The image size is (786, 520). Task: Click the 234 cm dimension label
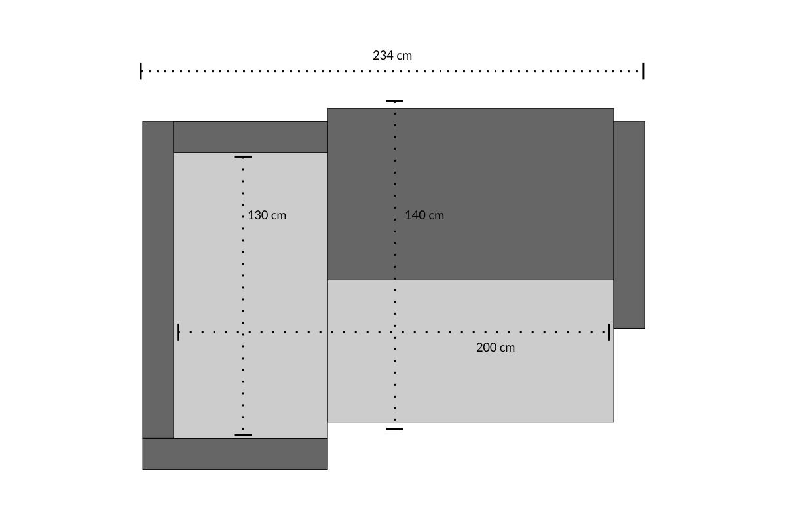tap(392, 56)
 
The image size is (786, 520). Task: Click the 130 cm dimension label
tap(267, 215)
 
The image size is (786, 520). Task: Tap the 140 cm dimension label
tap(424, 215)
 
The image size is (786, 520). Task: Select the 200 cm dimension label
tap(495, 347)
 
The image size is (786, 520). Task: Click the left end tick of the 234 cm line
tap(141, 71)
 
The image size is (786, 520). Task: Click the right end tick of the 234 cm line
tap(643, 71)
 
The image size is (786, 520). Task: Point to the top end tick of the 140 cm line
tap(395, 101)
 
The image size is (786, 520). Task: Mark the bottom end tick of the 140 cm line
tap(395, 429)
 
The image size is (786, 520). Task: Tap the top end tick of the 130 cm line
tap(243, 157)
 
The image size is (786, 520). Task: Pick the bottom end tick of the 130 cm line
tap(243, 435)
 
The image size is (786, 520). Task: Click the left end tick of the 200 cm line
tap(178, 332)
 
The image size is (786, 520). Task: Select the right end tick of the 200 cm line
tap(610, 332)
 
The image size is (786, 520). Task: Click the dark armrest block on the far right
tap(629, 225)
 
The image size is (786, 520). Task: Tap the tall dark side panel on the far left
tap(158, 280)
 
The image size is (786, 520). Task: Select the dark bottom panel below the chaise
tap(235, 454)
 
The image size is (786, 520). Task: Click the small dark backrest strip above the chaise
tap(250, 137)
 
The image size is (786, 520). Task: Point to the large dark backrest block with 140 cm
tap(470, 194)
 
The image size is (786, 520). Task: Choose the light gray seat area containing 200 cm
tap(470, 351)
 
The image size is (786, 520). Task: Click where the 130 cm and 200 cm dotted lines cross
tap(243, 332)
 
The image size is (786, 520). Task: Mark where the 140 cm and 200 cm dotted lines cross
tap(395, 332)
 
